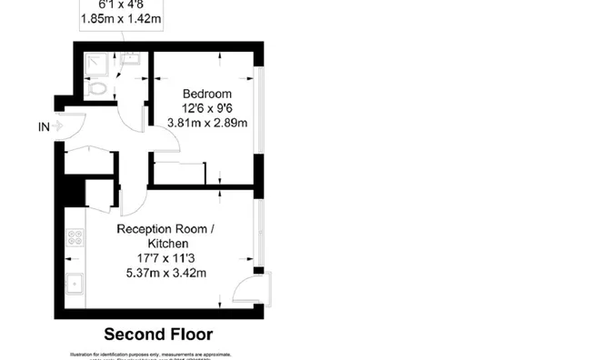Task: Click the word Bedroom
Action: click(206, 94)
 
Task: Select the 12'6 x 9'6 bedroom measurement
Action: click(206, 108)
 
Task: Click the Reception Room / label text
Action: click(165, 230)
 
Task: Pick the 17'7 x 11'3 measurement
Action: click(167, 259)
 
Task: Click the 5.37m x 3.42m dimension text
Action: click(167, 274)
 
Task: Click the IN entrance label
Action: click(44, 127)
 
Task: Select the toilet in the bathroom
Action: click(97, 89)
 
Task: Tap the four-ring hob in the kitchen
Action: click(75, 238)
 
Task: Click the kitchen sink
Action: click(75, 285)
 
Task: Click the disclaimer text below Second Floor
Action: click(152, 355)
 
